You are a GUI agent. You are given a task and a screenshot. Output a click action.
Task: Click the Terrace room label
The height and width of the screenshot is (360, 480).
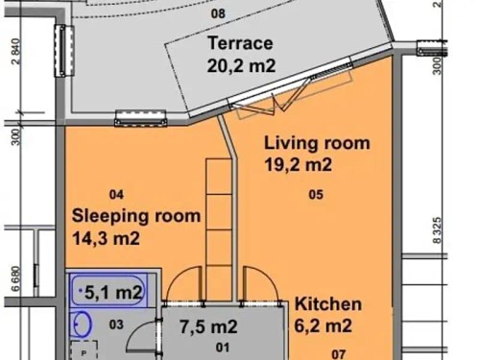pos(240,44)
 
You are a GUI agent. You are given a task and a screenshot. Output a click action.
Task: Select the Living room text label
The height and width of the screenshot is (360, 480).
pos(317,143)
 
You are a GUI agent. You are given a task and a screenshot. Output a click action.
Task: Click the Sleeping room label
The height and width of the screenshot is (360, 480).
pos(136,215)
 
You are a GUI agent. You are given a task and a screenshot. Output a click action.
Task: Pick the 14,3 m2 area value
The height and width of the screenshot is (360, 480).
pos(107,237)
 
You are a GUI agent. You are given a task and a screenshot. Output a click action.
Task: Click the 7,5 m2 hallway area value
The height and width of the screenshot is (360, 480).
pos(208,325)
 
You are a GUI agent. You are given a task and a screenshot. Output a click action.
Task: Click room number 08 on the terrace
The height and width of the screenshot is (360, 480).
pos(218,13)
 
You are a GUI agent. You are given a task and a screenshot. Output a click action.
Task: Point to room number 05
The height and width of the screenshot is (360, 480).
pos(316,195)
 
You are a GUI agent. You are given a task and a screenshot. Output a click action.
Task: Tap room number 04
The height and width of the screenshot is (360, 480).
pos(117,191)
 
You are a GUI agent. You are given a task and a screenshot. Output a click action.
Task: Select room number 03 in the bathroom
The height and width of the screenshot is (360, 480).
pos(115,324)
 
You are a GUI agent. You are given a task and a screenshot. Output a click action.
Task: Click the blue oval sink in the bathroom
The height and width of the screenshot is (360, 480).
pos(84,323)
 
